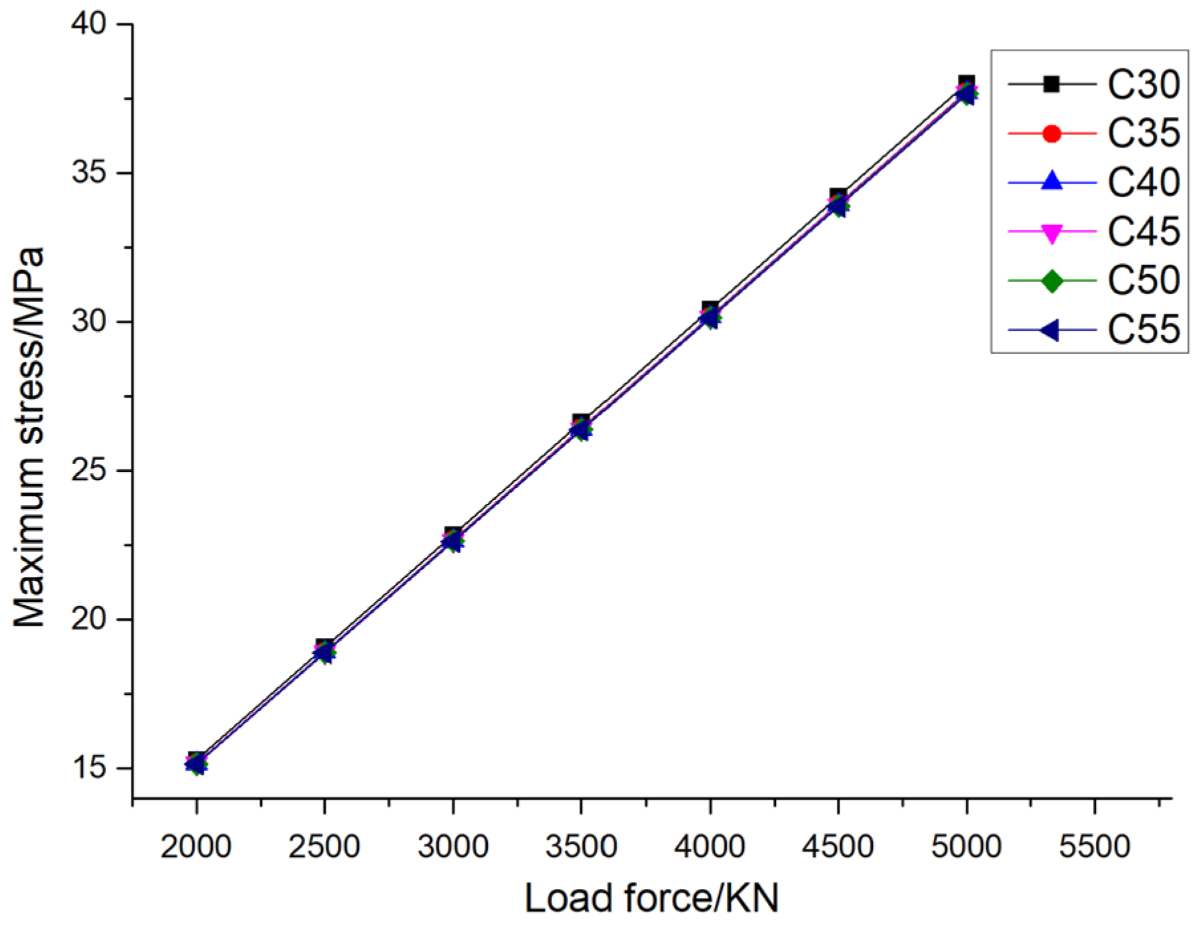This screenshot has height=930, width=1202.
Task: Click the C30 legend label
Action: [1143, 84]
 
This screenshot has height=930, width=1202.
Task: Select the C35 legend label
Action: [1143, 133]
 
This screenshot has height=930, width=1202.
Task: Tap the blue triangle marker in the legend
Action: [1051, 182]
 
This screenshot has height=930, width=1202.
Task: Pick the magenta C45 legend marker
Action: [1051, 232]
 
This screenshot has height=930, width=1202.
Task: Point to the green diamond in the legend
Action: [1051, 281]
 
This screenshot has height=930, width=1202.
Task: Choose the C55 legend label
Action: [1143, 329]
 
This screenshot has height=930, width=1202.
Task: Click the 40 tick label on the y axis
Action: [89, 24]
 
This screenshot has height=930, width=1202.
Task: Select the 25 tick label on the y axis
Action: [89, 471]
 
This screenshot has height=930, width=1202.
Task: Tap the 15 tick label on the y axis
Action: [89, 768]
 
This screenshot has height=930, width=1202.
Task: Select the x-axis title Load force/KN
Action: [651, 899]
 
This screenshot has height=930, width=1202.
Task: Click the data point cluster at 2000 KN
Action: [196, 763]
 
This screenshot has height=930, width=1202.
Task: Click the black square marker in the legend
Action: [1051, 84]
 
